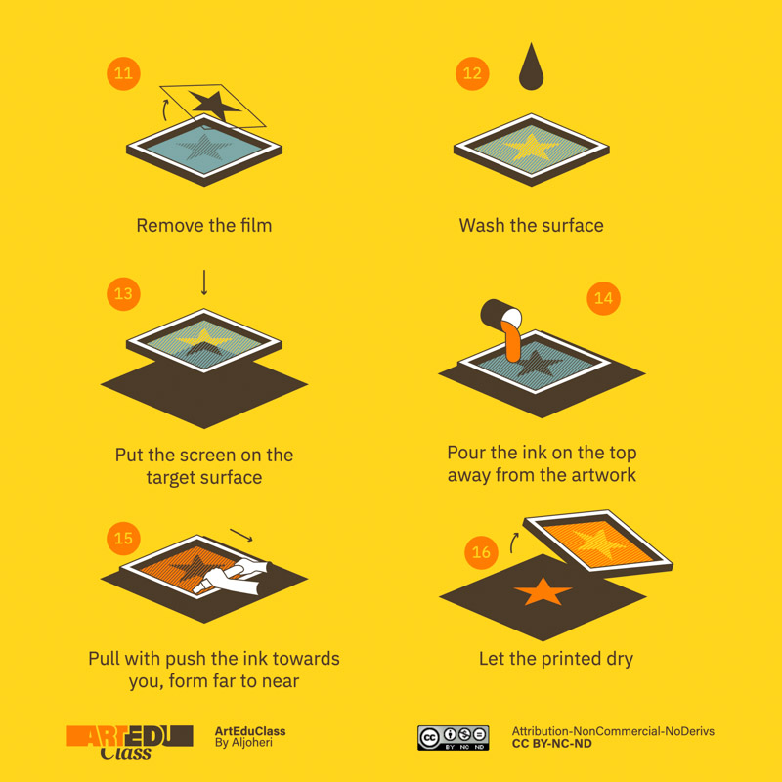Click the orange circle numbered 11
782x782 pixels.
coord(123,74)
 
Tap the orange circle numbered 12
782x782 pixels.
coord(472,74)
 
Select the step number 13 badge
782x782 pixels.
coord(123,294)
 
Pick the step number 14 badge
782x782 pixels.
coord(603,298)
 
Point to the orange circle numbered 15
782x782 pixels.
coord(123,539)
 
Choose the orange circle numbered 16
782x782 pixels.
coord(481,552)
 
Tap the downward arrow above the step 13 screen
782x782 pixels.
coord(204,282)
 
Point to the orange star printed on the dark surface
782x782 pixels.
coord(543,592)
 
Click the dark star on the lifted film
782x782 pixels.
coord(215,105)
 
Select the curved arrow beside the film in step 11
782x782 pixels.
coord(165,110)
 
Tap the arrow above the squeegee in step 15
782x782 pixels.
coord(241,535)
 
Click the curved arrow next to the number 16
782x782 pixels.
coord(513,543)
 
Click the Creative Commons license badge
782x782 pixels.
coord(453,738)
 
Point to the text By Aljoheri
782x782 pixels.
coord(243,743)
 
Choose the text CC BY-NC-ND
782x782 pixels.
coord(551,744)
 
